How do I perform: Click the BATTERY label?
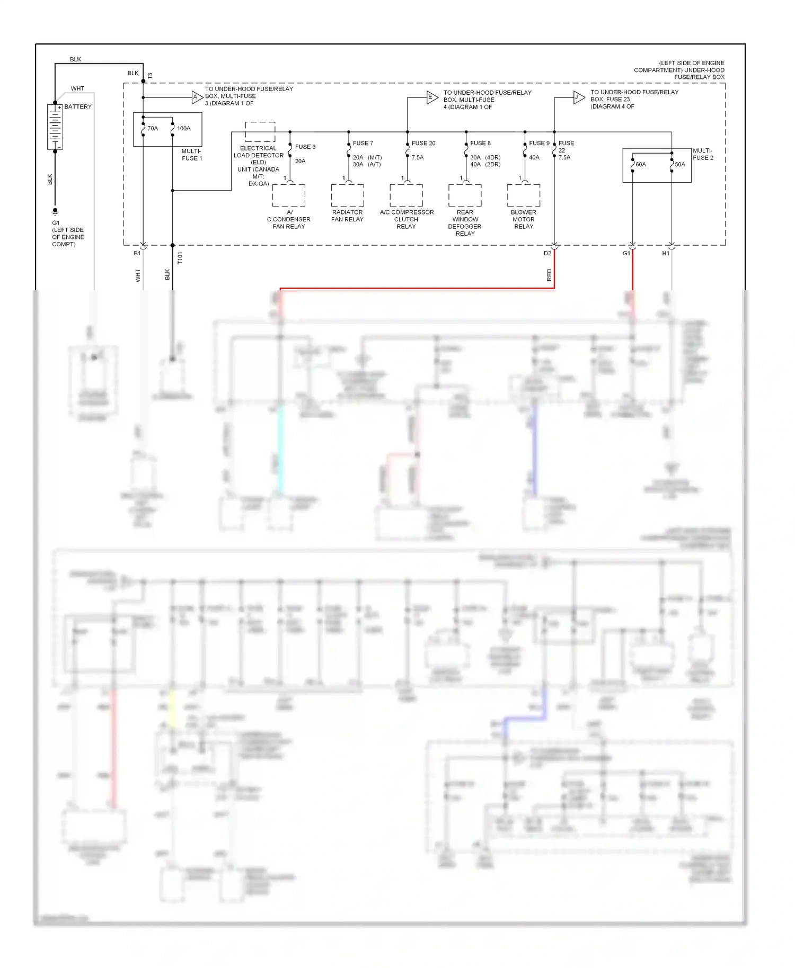pos(78,107)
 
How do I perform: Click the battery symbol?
pos(55,127)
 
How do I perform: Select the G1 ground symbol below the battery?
pos(55,211)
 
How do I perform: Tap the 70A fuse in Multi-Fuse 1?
pos(144,129)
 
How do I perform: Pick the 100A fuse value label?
pos(183,129)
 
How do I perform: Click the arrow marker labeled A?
pos(197,97)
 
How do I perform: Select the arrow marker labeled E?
pos(432,97)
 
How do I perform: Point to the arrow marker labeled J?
pos(579,97)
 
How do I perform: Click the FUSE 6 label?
pos(305,147)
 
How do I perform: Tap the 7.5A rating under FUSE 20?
pos(418,158)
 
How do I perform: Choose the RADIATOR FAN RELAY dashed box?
pos(348,195)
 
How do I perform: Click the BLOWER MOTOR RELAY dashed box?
pos(524,195)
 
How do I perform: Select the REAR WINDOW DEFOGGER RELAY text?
pos(465,223)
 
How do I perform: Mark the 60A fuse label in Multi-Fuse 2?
pos(641,165)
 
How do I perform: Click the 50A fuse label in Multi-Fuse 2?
pos(680,165)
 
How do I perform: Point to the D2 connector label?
pos(547,254)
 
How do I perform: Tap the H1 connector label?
pos(666,254)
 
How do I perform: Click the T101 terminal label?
pos(180,258)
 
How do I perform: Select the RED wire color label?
pos(549,275)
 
